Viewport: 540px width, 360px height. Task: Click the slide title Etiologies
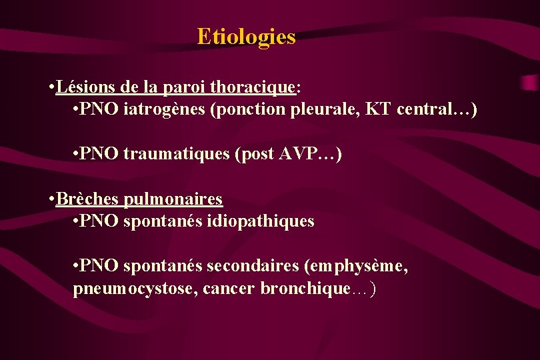tap(246, 37)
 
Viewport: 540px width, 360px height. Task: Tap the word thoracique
tap(253, 87)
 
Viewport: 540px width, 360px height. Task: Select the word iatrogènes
tap(165, 109)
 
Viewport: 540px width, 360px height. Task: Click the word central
tap(422, 109)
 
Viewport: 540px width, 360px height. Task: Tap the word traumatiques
tap(177, 155)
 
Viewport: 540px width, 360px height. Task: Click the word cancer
tap(229, 289)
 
